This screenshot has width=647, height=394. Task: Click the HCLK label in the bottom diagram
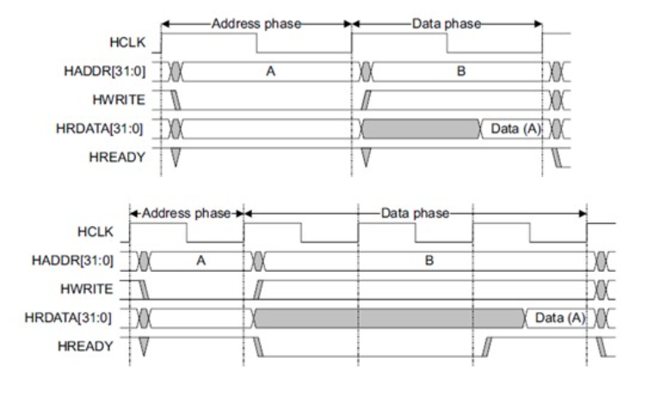(97, 233)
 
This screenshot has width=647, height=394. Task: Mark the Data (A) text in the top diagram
(515, 130)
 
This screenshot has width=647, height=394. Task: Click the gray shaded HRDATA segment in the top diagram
(421, 130)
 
